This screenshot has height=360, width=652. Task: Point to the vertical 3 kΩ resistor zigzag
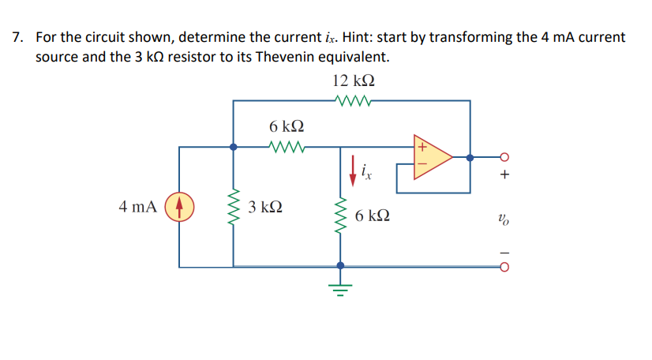pos(233,208)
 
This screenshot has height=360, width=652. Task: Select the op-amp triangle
pos(430,157)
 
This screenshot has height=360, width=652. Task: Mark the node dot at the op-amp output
pos(470,156)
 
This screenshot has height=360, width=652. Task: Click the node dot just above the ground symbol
pos(340,266)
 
